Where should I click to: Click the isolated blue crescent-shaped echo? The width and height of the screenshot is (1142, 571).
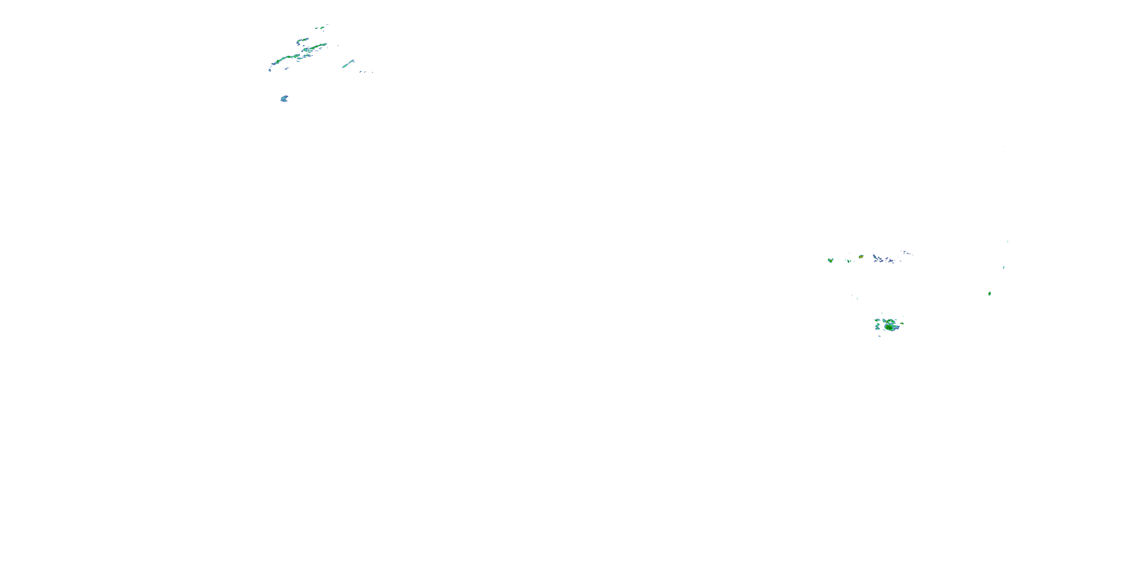pos(284,99)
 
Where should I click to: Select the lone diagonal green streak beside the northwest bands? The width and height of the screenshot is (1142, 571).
pos(348,64)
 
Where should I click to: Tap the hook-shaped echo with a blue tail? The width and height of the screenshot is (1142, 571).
pos(301,41)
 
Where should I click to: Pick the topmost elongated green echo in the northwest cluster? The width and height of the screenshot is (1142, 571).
pos(320,27)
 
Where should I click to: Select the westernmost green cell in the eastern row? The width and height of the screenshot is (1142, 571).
pos(830,260)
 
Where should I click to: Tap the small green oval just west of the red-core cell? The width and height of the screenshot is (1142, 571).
pos(849,261)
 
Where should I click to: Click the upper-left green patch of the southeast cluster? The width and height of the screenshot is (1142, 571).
pos(877,320)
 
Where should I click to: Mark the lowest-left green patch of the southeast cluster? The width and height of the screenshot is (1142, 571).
pos(877,327)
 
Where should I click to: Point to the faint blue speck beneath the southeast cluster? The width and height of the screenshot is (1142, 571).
pos(880,336)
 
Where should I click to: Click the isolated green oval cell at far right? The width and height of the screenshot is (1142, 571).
pos(989,293)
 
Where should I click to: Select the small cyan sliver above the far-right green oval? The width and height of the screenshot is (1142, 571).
pos(1004,267)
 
